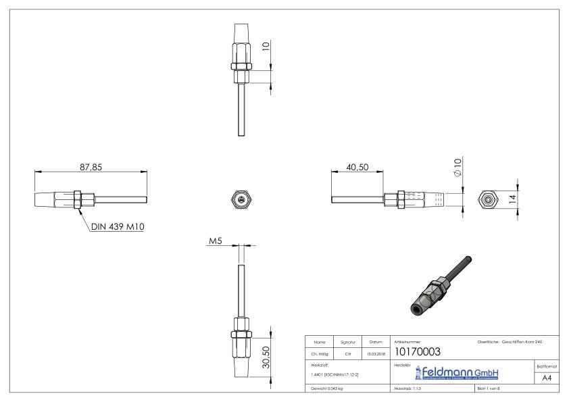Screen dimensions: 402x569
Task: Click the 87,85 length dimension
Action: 91,168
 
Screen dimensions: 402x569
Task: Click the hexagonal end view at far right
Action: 486,199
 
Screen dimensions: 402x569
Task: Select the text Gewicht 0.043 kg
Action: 327,389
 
